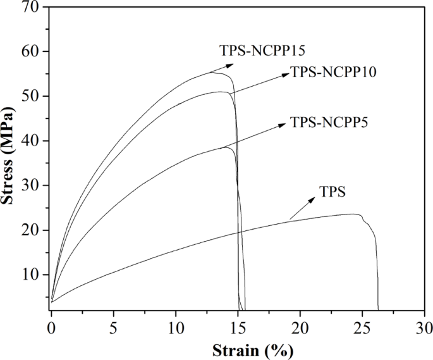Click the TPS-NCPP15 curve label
tap(262, 49)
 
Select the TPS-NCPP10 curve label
tap(333, 72)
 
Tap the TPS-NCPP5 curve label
tap(329, 122)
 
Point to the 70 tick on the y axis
tap(31, 7)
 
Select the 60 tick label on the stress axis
tap(31, 51)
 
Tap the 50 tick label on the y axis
tap(31, 96)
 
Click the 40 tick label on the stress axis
tap(31, 140)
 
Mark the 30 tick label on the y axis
tap(31, 185)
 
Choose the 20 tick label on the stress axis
tap(31, 230)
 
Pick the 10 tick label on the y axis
tap(31, 275)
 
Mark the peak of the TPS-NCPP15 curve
tap(213, 72)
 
